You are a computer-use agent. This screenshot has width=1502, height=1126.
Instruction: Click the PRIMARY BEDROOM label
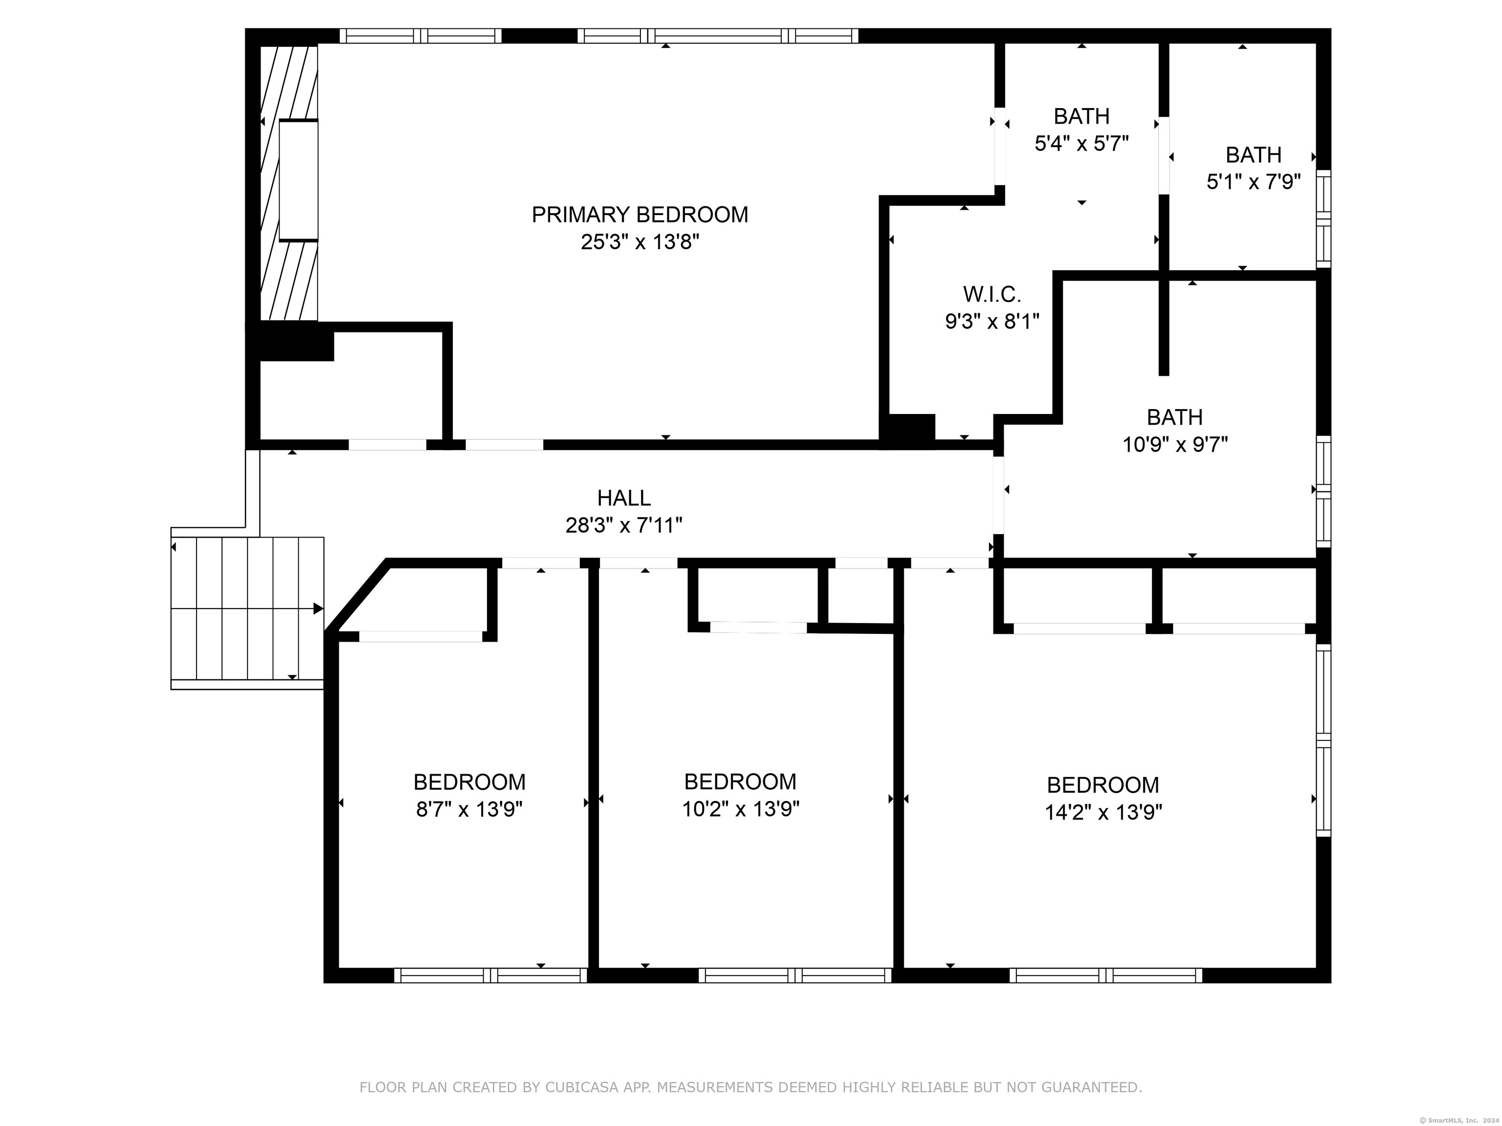(x=640, y=215)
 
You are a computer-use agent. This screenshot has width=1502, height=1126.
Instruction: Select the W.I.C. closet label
(x=992, y=295)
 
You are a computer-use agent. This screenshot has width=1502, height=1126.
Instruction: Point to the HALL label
(x=624, y=498)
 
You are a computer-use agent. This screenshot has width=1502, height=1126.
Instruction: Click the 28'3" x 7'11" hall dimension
(x=624, y=525)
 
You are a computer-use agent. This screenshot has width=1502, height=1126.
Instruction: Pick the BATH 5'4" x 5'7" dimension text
(x=1082, y=143)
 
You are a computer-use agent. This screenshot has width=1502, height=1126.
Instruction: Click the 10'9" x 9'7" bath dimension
(x=1175, y=445)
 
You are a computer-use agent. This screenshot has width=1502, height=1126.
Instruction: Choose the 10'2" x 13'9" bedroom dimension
(x=740, y=809)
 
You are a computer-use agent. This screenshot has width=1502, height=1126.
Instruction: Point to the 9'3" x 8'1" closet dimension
(x=992, y=321)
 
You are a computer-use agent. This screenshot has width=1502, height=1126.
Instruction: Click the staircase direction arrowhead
(x=318, y=609)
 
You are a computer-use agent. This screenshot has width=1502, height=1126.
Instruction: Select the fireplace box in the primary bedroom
(x=298, y=180)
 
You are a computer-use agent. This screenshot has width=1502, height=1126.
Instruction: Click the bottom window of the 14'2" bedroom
(x=1105, y=975)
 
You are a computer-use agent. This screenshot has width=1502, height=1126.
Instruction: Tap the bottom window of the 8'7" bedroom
(x=491, y=975)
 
